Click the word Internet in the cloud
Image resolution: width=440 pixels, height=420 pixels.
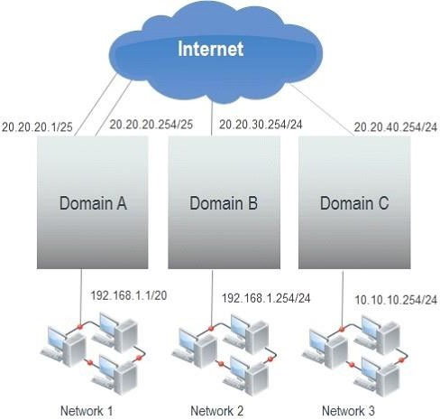pos(210,49)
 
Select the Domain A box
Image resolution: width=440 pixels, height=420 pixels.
pos(93,202)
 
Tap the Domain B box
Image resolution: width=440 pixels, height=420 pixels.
pos(224,202)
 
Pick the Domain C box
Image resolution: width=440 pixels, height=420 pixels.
pos(354,202)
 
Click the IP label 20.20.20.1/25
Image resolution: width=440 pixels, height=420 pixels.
pos(37,127)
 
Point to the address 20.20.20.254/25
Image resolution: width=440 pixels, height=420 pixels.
pos(151,125)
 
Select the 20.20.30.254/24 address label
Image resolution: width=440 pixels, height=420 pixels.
pos(261,124)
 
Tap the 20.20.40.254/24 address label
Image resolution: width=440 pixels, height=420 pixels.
pos(396,127)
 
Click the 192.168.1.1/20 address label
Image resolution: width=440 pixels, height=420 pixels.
pos(129,295)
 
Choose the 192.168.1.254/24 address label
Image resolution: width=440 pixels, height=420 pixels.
pos(266,298)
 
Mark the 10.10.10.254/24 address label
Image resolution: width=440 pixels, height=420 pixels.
pos(396,300)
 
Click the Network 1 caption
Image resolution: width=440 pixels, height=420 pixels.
pos(87,411)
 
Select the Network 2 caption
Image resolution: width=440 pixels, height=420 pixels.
pos(217,411)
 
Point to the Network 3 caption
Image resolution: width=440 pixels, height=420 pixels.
pos(348,411)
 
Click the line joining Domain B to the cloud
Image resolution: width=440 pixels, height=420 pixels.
pos(212,118)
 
